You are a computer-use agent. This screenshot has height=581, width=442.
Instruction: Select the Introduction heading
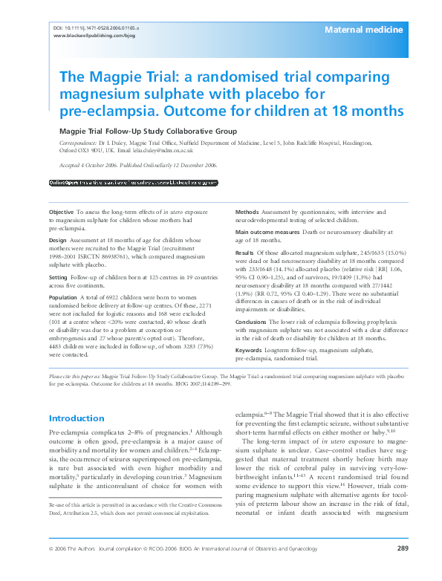(x=77, y=418)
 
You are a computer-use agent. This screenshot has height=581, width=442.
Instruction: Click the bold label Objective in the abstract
(x=61, y=212)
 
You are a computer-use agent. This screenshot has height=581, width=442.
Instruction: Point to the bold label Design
(x=58, y=241)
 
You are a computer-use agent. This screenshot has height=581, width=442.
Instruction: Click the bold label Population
(x=64, y=296)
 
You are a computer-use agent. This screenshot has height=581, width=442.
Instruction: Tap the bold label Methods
(x=247, y=212)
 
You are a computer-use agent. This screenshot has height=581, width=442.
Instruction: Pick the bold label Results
(x=245, y=254)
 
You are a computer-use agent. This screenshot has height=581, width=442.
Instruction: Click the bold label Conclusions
(x=251, y=322)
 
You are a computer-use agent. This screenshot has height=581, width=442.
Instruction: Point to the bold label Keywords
(x=249, y=349)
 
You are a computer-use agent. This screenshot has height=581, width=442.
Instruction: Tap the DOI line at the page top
(x=97, y=27)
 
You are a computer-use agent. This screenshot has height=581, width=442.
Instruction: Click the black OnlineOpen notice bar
(x=133, y=182)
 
